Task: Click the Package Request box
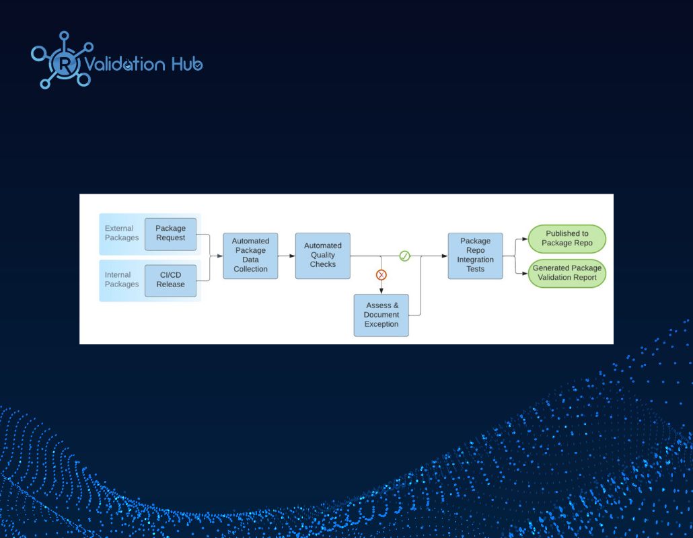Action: pos(171,234)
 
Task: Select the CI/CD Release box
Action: pos(171,280)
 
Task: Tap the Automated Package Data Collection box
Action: pos(250,256)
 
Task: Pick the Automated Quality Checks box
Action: pos(323,256)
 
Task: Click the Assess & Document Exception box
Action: pos(381,315)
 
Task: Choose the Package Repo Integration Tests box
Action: pos(476,256)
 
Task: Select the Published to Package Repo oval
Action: pos(567,239)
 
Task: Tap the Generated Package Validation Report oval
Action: pos(567,273)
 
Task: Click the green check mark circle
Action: pos(405,256)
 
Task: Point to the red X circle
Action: pos(381,275)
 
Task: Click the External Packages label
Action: pos(122,233)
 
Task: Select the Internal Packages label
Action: pos(122,280)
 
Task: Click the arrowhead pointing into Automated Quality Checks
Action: pos(292,256)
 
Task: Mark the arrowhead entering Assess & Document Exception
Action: pos(381,291)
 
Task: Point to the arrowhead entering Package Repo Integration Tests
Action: pos(445,256)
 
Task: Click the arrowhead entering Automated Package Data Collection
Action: pos(220,256)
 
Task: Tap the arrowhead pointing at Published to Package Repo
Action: pos(525,239)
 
